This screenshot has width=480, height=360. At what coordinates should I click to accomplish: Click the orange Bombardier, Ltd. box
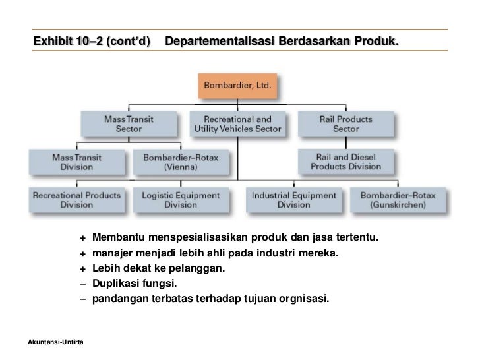(239, 86)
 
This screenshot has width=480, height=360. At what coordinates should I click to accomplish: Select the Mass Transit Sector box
(129, 124)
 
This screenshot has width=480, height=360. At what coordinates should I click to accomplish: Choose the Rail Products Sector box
(346, 124)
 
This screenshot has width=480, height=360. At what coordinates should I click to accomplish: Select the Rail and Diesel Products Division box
(346, 162)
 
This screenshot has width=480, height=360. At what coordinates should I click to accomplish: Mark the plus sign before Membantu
(83, 237)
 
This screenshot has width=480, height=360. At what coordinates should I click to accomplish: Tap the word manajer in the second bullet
(113, 253)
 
